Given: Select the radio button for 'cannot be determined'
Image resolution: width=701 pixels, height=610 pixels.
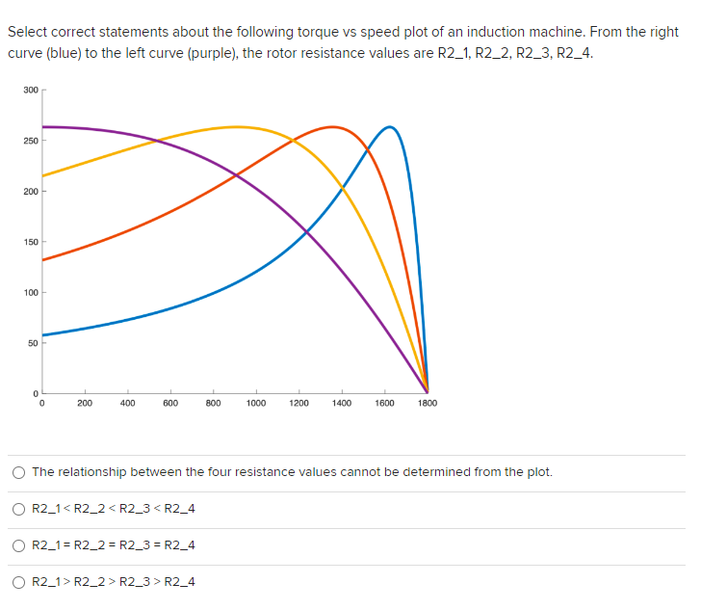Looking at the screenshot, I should click(19, 472).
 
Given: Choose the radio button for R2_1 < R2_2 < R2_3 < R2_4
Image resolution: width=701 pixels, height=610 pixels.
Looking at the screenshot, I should click(19, 509).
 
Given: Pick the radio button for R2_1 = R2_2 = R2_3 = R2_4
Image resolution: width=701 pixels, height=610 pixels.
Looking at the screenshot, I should click(19, 545).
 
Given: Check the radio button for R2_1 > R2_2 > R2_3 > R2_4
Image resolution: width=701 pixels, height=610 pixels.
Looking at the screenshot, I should click(19, 582).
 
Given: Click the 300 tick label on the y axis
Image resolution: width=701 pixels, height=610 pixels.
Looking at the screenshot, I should click(31, 91).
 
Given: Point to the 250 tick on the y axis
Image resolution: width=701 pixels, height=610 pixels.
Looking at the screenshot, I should click(31, 141).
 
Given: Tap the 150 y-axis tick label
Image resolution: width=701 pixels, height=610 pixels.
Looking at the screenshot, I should click(31, 242).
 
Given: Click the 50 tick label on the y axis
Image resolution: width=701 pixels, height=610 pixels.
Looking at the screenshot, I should click(33, 342).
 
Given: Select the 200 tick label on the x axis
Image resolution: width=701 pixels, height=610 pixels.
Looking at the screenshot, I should click(85, 404).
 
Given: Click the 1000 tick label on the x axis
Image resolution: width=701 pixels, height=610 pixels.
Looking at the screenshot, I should click(256, 404).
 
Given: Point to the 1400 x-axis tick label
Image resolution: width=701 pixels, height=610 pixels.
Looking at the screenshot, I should click(342, 404).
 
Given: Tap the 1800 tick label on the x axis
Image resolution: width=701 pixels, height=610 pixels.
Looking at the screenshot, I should click(428, 404).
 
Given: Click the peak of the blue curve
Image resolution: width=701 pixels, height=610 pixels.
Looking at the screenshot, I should click(390, 126).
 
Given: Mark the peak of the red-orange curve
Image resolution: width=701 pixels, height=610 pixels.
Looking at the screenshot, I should click(332, 126).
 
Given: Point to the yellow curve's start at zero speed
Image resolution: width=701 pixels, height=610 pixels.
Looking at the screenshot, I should click(42, 175).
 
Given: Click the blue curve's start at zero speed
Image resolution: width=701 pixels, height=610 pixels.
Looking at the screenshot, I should click(42, 334).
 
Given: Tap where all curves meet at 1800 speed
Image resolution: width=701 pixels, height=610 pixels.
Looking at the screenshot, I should click(428, 390).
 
